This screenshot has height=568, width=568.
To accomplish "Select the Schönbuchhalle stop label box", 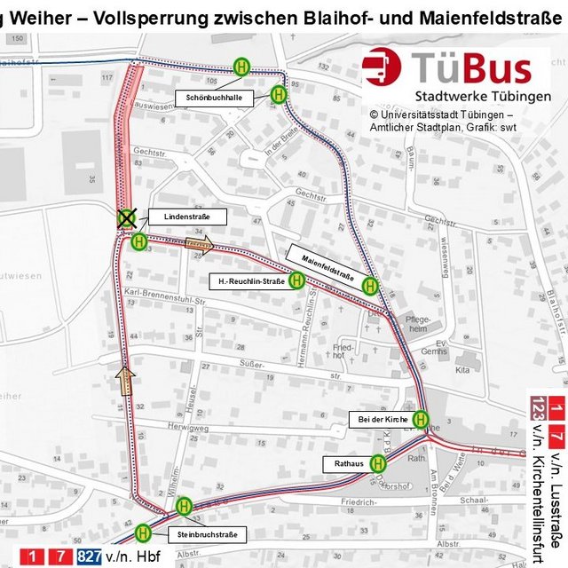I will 215,98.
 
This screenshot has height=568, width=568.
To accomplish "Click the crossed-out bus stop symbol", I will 128,217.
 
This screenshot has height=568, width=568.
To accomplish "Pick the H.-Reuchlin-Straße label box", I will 246,282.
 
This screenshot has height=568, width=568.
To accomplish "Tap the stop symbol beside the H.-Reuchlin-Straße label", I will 297,280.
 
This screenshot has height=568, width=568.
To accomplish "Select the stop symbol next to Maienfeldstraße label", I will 370,286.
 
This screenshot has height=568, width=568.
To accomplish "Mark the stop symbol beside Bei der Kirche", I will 421,419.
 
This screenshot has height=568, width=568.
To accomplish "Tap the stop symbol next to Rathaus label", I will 379,462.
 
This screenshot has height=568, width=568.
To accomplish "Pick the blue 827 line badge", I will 89,556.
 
